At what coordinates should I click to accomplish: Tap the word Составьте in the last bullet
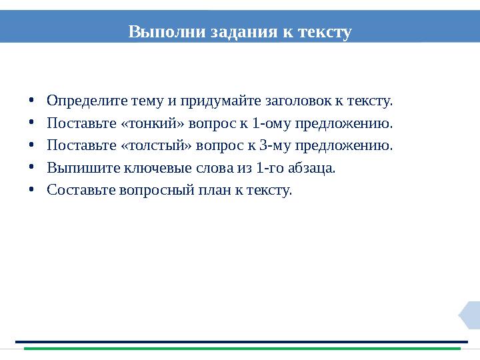coord(82,190)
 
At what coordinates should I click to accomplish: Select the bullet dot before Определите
coord(31,102)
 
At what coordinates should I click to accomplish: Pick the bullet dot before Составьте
coord(31,191)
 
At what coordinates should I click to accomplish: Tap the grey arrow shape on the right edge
coord(471,315)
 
